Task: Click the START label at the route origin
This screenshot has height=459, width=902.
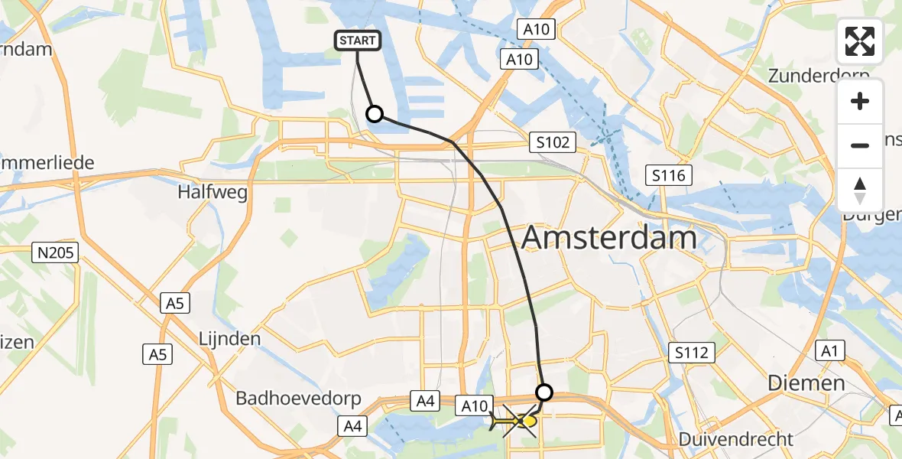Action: (x=358, y=41)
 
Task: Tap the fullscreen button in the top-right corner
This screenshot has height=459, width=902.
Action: (x=860, y=41)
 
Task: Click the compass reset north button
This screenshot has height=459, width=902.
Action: (x=860, y=190)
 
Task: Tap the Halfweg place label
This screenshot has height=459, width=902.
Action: (x=213, y=193)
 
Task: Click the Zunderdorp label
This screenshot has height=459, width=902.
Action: (x=819, y=76)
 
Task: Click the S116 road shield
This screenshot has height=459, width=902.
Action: (x=668, y=175)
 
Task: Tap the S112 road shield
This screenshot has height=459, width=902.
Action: (x=692, y=353)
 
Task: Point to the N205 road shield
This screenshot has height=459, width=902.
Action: (x=56, y=252)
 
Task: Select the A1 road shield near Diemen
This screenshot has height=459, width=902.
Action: (x=829, y=350)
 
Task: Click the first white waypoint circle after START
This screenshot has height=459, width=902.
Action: (x=375, y=114)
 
